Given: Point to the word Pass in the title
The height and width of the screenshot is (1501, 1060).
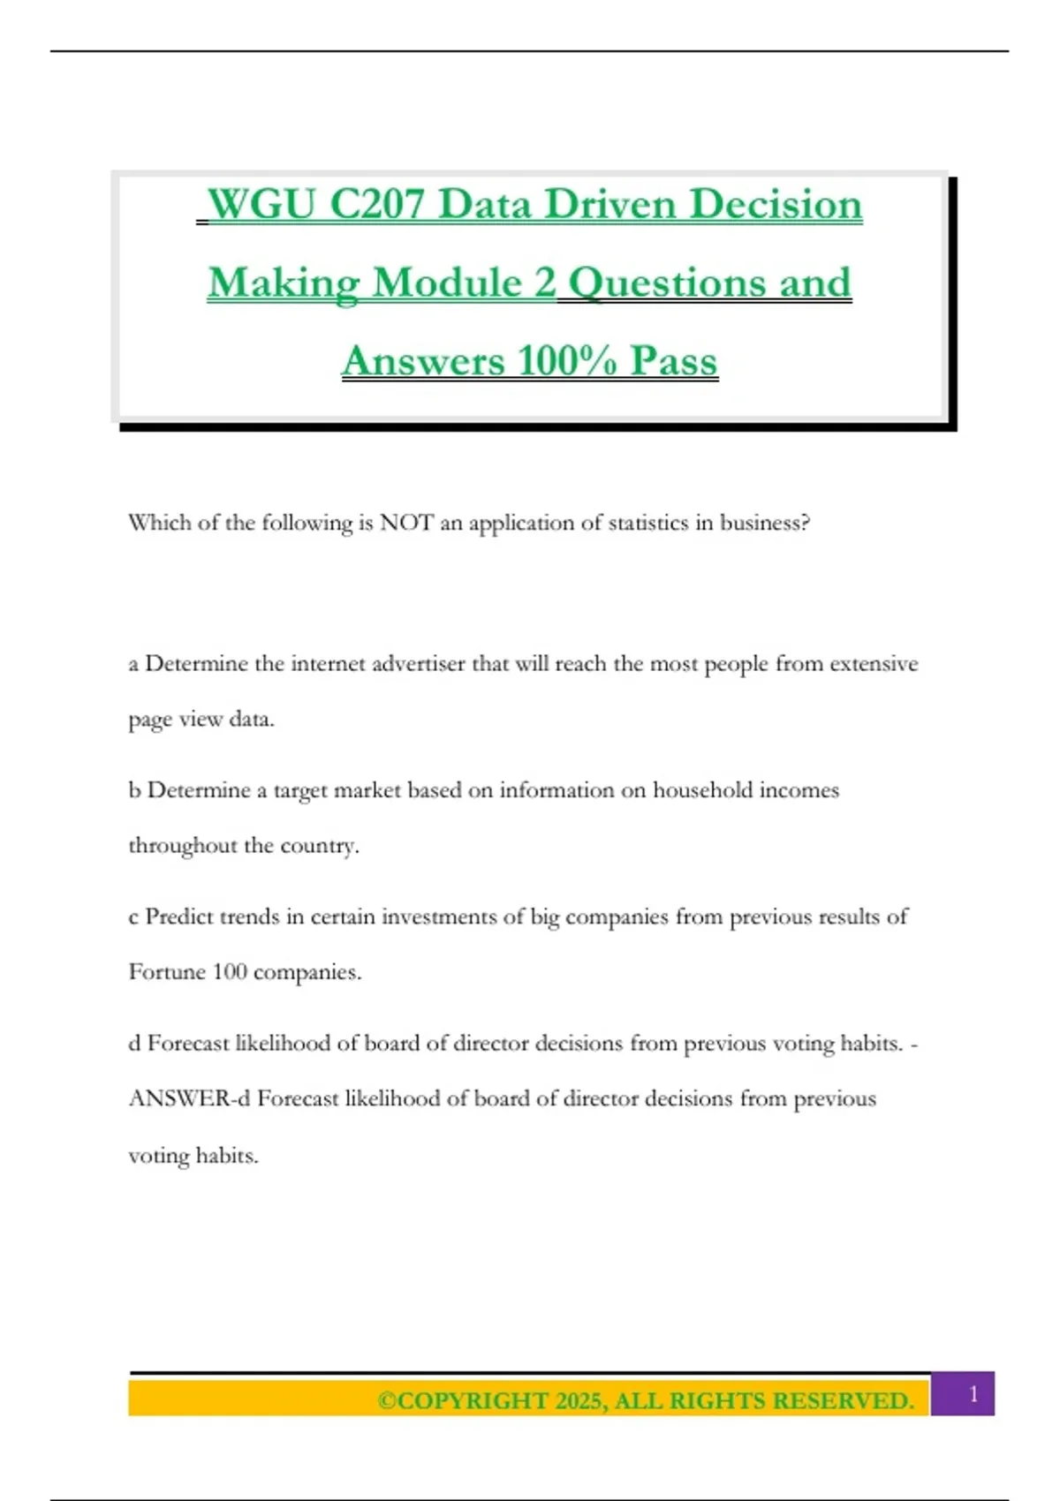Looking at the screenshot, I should click(673, 361).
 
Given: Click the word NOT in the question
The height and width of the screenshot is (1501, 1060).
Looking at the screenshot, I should click(406, 523).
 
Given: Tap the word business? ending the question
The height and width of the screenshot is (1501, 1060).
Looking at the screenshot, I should click(764, 523).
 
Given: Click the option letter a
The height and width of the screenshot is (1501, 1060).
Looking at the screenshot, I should click(133, 664).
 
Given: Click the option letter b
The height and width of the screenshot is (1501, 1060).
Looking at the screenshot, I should click(134, 790).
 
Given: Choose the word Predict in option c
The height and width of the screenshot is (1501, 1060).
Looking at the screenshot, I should click(179, 916).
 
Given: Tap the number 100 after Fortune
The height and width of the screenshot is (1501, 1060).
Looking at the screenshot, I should click(230, 972).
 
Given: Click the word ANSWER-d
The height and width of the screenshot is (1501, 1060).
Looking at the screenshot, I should click(189, 1099).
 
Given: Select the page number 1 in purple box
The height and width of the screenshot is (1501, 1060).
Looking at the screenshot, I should click(973, 1394).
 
